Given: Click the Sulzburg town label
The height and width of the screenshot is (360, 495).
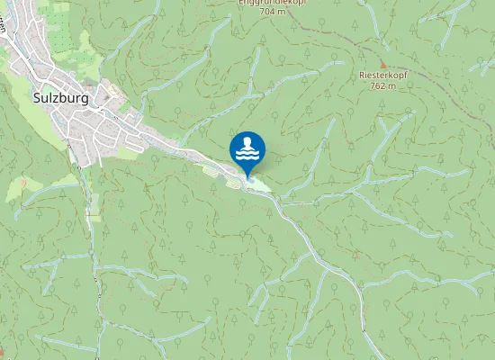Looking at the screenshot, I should (x=59, y=99).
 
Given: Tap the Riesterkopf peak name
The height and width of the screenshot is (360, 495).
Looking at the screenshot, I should (x=377, y=76).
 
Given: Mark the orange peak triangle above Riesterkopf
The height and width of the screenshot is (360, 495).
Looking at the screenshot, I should (x=382, y=65).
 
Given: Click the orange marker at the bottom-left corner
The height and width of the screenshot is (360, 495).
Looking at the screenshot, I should (x=2, y=350).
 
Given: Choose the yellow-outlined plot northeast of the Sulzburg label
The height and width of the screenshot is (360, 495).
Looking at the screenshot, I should (x=115, y=88).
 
